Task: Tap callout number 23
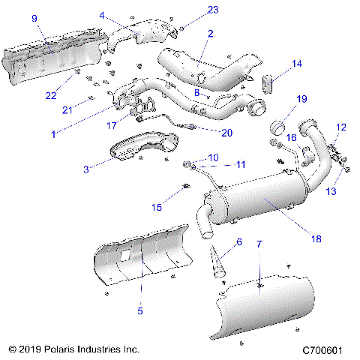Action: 193,10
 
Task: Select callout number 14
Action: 298,64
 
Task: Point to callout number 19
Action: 301,99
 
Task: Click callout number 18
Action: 316,238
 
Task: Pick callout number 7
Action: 259,244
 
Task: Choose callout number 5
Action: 140,309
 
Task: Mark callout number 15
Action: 156,206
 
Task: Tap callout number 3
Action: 87,169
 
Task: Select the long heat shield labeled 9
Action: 45,61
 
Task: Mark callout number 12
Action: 341,127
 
